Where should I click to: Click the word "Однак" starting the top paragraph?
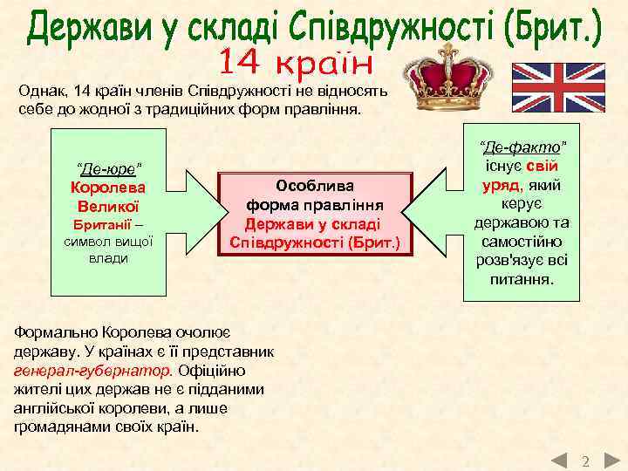pos(43,90)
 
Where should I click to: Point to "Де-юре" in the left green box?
pos(109,167)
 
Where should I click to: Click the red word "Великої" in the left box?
pos(109,206)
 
